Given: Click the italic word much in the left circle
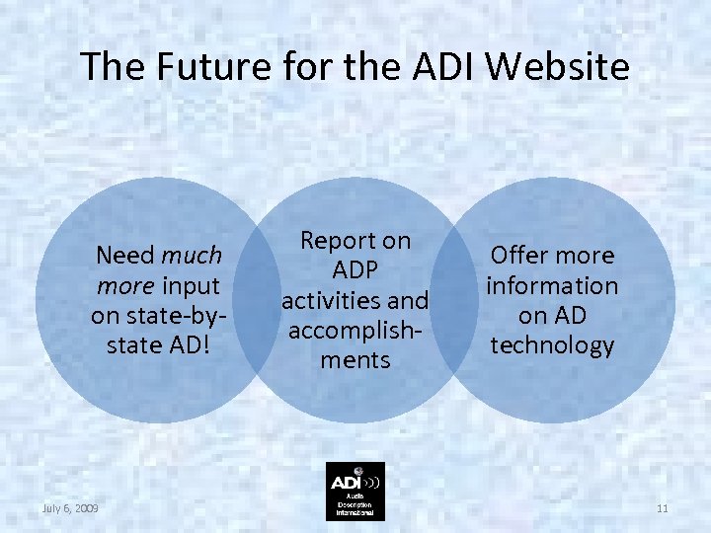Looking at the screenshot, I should pos(192,256).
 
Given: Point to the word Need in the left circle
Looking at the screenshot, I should pos(124,256).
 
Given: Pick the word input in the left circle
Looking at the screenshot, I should pos(193,286).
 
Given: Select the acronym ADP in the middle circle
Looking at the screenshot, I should pos(355,269).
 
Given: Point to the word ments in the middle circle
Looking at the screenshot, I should pos(355,359).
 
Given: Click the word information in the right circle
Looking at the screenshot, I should pos(552,286).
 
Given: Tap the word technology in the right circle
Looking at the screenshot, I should pos(552,345).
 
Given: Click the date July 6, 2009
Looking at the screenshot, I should pos(69,507).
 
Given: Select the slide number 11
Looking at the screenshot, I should pos(662,507).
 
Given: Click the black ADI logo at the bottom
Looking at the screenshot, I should pos(355,491).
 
